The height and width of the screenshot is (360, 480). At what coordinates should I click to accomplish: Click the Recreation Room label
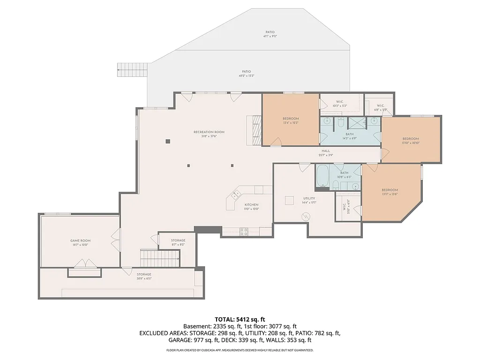tap(209, 132)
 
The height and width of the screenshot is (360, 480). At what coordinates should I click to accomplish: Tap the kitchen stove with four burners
tap(244, 230)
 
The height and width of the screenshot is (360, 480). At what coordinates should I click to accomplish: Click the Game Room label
tap(80, 240)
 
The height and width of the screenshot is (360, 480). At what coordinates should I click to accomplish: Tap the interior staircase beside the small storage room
tap(160, 256)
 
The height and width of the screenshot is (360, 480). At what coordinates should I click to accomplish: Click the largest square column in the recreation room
tap(167, 141)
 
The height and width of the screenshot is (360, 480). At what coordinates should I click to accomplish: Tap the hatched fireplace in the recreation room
tap(256, 131)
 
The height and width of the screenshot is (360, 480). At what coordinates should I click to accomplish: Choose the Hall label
tap(326, 150)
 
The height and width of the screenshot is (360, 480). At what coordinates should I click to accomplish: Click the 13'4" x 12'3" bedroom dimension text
tap(291, 123)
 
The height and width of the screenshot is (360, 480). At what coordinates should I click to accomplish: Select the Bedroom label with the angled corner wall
tap(390, 190)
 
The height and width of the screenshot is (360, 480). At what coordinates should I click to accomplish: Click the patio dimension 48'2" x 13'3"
tap(246, 75)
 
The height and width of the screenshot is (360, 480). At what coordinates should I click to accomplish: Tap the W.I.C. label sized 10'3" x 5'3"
tap(340, 102)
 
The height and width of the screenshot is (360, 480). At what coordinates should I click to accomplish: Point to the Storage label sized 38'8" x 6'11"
tap(144, 274)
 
